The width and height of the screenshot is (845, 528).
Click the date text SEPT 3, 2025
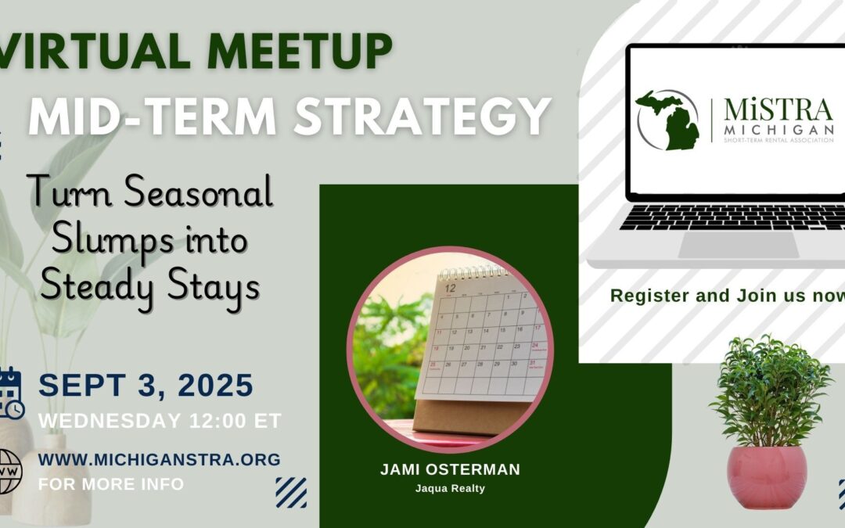point(146,386)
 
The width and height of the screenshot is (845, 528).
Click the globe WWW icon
point(9,472)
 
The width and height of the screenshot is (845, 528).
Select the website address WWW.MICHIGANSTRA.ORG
point(159,460)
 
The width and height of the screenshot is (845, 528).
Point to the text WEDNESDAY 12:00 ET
point(160,421)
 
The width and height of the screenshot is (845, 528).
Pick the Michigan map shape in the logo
point(665,121)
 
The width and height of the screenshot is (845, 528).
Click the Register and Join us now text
point(727,296)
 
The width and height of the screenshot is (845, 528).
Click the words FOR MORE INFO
point(111,484)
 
